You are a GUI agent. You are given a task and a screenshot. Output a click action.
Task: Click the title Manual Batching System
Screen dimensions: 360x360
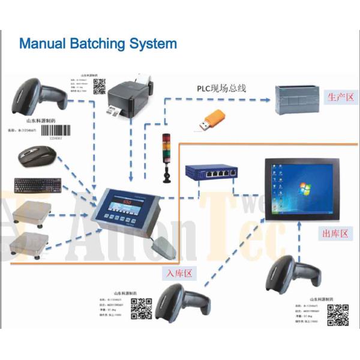point(98,44)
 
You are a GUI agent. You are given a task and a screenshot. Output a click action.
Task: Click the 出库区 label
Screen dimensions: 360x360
point(335,233)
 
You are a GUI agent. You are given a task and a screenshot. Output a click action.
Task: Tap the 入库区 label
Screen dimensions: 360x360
point(178,273)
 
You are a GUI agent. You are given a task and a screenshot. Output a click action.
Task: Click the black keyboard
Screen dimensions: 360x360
point(37,185)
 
